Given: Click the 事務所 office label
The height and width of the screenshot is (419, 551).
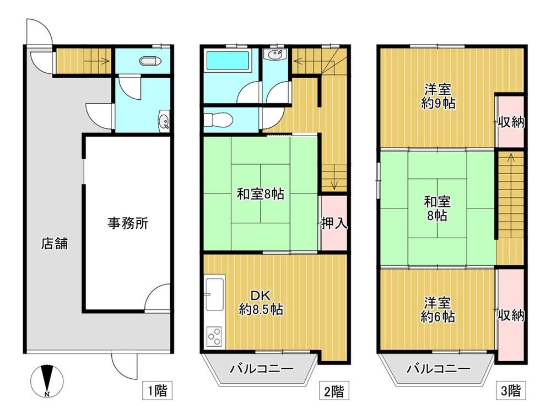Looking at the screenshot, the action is tap(128, 223).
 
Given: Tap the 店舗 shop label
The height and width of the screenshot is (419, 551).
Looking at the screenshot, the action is tap(55, 243).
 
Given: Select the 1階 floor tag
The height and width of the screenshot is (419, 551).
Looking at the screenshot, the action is tap(158, 390).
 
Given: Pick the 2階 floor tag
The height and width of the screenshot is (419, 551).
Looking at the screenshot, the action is tap(334, 390).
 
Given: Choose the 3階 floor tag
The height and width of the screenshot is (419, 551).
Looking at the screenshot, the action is tap(511, 390).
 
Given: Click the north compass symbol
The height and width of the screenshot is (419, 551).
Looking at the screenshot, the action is tap(47, 382).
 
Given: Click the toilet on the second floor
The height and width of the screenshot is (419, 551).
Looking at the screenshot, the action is tap(218, 120).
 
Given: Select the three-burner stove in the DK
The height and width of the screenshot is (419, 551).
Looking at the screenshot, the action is tap(214, 336).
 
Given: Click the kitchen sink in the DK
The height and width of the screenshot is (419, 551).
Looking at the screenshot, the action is tap(214, 294).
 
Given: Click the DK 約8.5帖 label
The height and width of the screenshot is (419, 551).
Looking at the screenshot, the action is tap(261, 302).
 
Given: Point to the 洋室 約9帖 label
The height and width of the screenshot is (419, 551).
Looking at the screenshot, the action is tap(438, 96).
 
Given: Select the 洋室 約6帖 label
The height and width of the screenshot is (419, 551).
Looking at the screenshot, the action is tap(437, 310).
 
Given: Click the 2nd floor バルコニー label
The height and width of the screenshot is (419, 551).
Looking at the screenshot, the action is tap(261, 369).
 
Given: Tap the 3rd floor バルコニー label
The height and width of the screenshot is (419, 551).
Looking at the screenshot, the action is tap(438, 369).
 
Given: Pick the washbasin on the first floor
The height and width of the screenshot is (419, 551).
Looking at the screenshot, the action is tap(164, 121).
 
